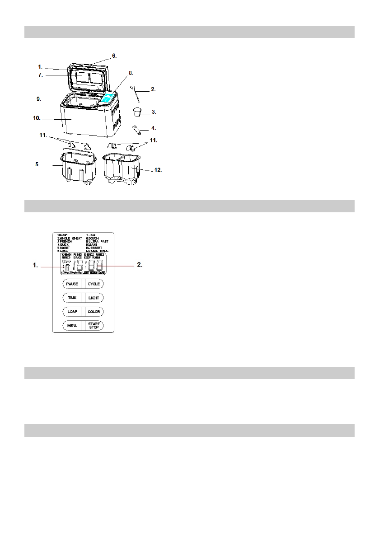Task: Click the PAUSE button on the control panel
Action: click(x=72, y=284)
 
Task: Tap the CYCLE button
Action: click(x=94, y=284)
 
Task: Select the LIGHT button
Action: click(x=94, y=298)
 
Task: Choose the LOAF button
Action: click(x=72, y=312)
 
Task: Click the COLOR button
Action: click(x=94, y=312)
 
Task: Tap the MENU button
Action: click(x=72, y=326)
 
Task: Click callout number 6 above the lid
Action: click(x=114, y=56)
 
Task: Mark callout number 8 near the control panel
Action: click(x=131, y=73)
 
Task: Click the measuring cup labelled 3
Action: click(x=137, y=111)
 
